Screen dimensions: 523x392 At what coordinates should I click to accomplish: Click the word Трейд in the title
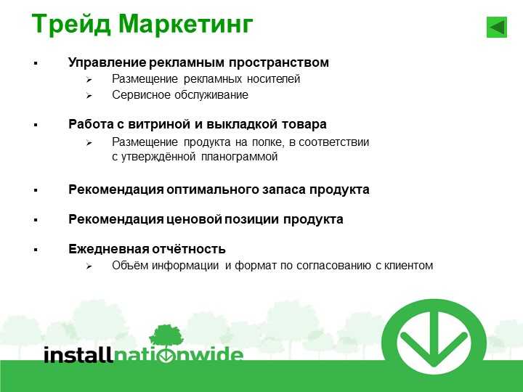(71, 25)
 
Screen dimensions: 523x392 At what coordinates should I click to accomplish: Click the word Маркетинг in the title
(186, 25)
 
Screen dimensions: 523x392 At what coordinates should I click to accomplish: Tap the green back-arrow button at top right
(497, 27)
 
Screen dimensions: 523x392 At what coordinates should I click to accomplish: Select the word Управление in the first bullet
(107, 62)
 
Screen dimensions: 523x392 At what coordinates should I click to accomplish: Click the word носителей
(274, 79)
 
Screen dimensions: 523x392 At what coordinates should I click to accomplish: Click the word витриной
(160, 124)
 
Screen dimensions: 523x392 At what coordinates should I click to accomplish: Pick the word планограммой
(240, 157)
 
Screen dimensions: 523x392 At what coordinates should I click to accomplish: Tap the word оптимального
(212, 189)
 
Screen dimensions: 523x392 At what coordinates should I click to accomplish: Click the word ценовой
(194, 219)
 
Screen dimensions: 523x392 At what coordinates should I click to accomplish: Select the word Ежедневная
(109, 249)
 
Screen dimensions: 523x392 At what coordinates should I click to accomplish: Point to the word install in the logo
(78, 354)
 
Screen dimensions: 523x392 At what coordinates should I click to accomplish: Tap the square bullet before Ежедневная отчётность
(36, 250)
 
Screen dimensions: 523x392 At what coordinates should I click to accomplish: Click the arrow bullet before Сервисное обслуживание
(89, 96)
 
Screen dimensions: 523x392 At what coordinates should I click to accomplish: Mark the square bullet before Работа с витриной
(36, 125)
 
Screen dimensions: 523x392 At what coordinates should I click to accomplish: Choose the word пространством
(279, 62)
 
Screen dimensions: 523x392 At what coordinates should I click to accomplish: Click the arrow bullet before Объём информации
(89, 266)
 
